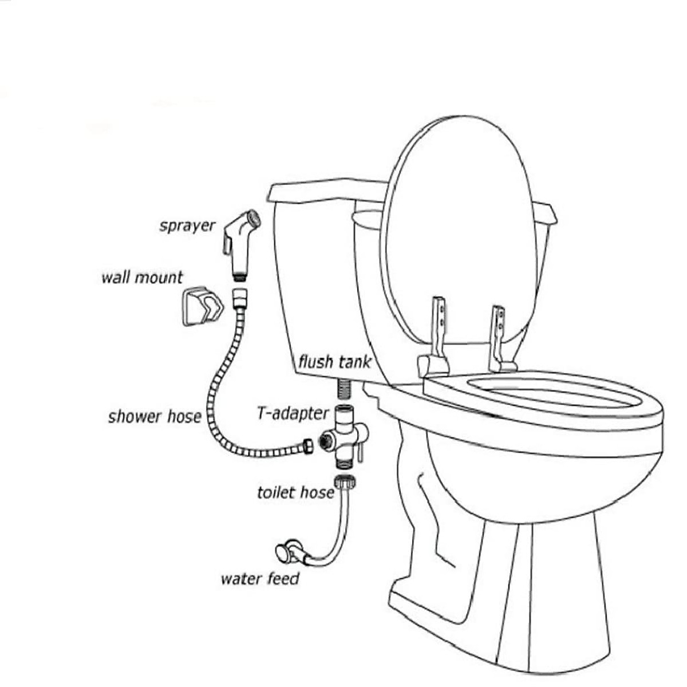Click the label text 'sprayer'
188,226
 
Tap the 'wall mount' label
142,277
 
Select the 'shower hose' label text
155,417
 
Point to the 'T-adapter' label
293,413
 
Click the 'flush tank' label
334,362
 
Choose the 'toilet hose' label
295,493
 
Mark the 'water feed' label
260,579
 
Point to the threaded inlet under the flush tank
344,389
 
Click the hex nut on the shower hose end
308,447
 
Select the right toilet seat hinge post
498,335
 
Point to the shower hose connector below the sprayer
238,298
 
